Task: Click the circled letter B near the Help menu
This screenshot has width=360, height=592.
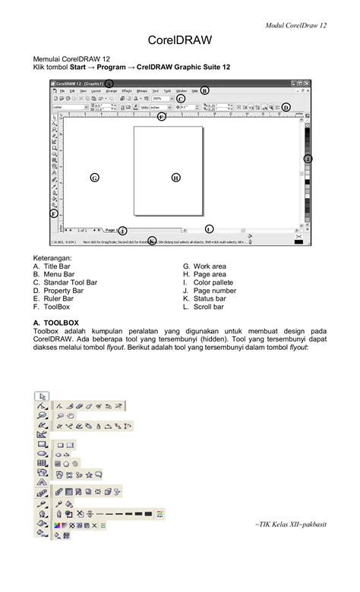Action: pyautogui.click(x=204, y=90)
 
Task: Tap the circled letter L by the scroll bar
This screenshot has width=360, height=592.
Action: pyautogui.click(x=209, y=228)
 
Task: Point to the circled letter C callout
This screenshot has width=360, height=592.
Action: pyautogui.click(x=180, y=99)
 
